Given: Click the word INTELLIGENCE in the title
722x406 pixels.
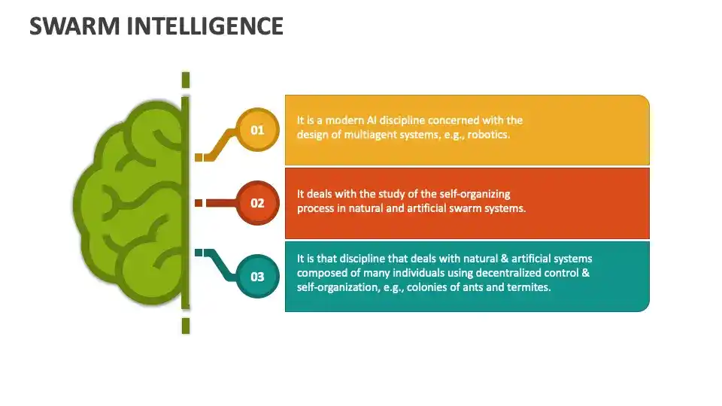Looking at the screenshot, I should click(x=210, y=26).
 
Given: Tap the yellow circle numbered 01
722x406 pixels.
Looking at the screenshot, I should click(x=257, y=130).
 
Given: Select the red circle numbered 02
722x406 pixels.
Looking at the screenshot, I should click(x=257, y=203).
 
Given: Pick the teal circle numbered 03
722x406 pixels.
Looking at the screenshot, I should click(x=257, y=277).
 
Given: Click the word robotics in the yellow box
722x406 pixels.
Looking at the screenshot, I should click(x=484, y=135).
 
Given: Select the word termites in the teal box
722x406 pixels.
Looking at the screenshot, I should click(x=530, y=286).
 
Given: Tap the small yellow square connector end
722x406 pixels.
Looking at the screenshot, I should click(x=199, y=157).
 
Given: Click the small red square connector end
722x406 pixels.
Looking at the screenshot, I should click(x=199, y=203).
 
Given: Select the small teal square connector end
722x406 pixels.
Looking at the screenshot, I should click(x=199, y=253).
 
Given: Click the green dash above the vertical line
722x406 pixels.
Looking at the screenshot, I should click(x=185, y=80).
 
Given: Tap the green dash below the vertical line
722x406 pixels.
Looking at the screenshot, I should click(x=185, y=325).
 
